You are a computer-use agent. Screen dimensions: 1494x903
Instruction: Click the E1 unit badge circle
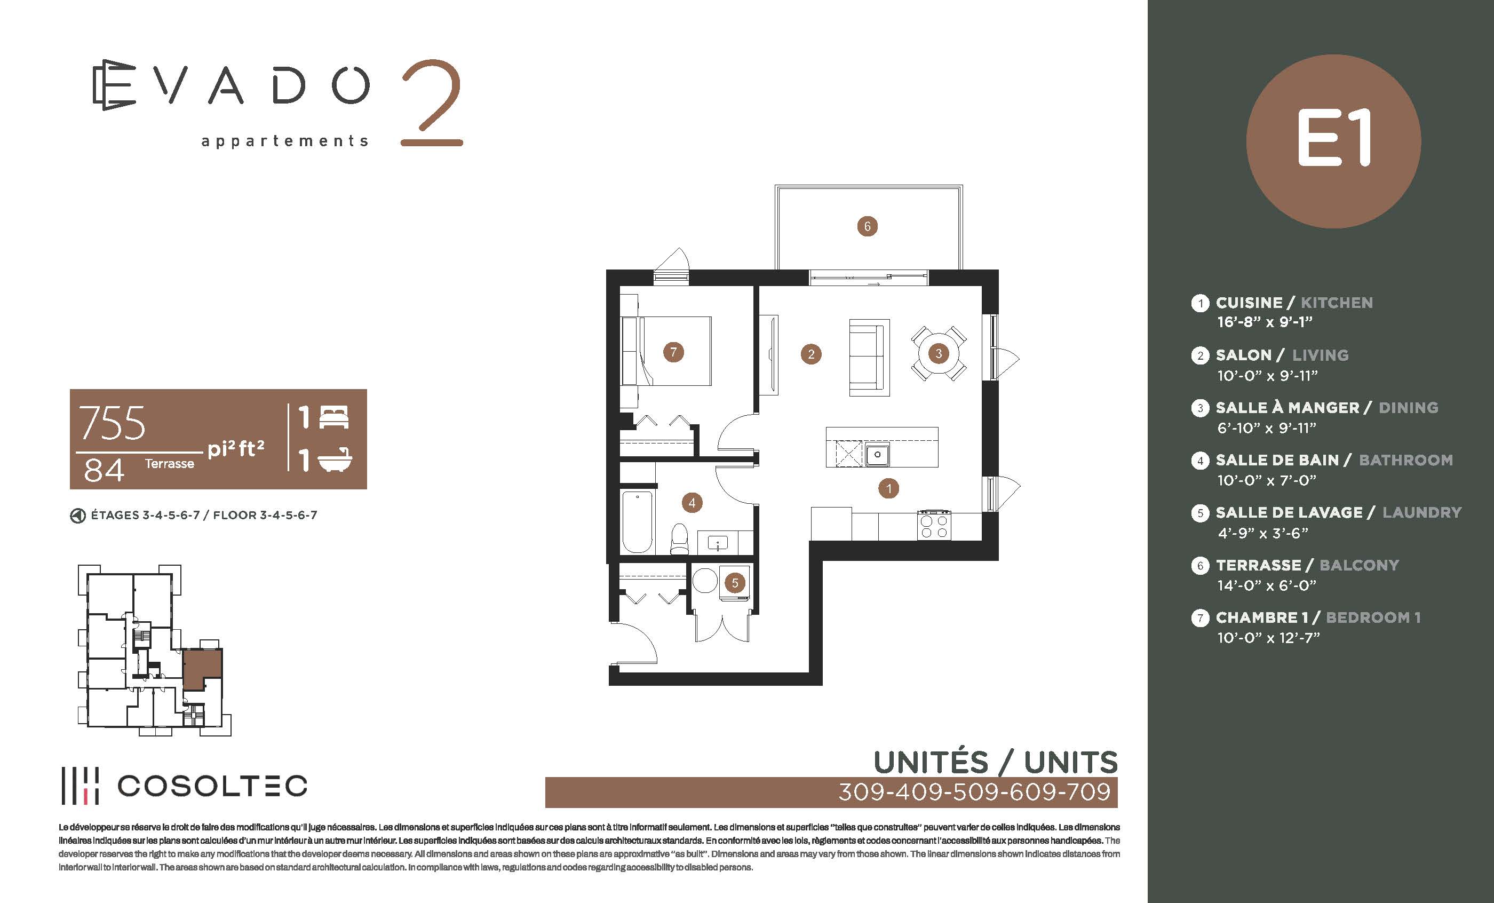(1333, 141)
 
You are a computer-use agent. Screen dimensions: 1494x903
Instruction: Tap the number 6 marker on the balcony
(867, 226)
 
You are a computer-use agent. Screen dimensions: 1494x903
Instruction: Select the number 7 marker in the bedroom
(673, 352)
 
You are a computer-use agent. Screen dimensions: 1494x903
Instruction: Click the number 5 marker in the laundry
(735, 583)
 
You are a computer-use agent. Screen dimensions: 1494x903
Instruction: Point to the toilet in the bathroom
(679, 539)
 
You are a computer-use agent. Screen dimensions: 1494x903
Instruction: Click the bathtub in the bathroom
(637, 521)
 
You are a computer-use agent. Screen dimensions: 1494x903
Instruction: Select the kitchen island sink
(877, 454)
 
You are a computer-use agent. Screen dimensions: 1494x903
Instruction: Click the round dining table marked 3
(939, 353)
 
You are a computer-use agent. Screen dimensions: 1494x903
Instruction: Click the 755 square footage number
(112, 423)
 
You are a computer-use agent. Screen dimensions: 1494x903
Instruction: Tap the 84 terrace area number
(104, 470)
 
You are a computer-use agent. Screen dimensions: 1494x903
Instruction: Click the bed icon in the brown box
(333, 418)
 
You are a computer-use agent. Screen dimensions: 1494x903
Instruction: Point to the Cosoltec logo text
(212, 786)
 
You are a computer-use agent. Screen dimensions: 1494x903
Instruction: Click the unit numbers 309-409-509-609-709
(974, 792)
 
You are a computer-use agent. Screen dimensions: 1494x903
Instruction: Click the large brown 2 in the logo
(432, 102)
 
